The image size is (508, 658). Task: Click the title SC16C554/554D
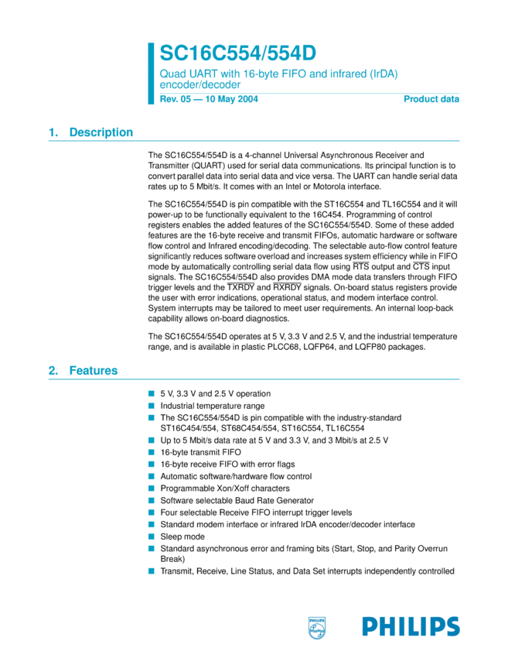tap(238, 53)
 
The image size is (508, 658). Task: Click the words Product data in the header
tap(431, 99)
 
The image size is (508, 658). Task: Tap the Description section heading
tap(101, 132)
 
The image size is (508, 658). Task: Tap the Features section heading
tap(94, 371)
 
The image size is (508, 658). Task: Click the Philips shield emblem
tap(318, 626)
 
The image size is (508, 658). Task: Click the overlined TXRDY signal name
tap(240, 286)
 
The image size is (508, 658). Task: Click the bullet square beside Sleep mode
tap(152, 536)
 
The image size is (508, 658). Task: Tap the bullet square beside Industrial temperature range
tap(152, 406)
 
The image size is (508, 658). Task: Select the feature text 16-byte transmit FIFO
tap(200, 452)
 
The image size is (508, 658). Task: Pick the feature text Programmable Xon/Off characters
tap(225, 488)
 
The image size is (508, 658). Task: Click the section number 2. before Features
tap(53, 371)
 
